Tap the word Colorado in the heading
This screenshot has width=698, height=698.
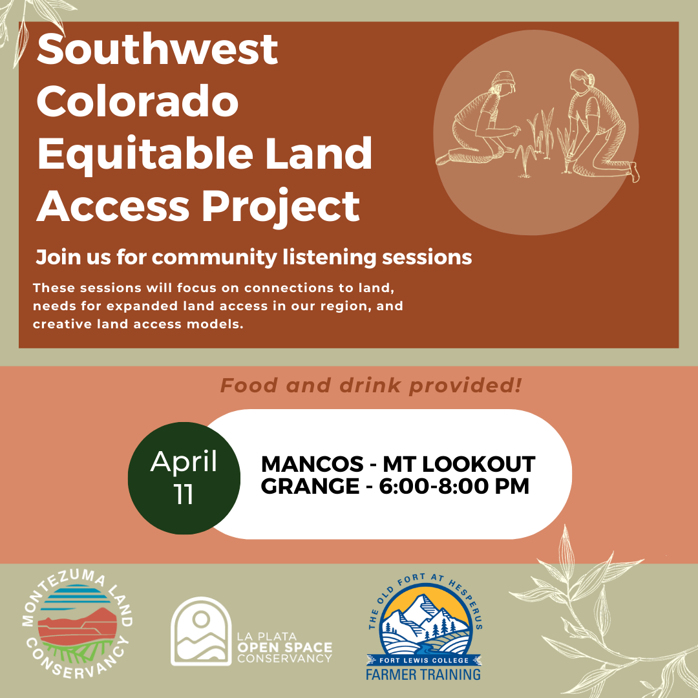[138, 101]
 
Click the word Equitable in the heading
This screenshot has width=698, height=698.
[145, 154]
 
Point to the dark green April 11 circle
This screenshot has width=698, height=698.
[184, 478]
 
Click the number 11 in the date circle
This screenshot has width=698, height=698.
[184, 494]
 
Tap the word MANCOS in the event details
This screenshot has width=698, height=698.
[312, 464]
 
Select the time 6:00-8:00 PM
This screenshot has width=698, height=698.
[454, 485]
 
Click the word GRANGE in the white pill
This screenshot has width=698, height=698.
[310, 485]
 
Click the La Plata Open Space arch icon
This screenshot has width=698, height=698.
[201, 631]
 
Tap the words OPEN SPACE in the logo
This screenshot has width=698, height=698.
[285, 648]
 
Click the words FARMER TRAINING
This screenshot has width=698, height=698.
[423, 674]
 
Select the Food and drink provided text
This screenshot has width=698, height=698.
[371, 385]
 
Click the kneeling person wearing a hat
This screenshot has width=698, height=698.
[477, 118]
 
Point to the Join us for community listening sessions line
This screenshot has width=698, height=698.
[254, 257]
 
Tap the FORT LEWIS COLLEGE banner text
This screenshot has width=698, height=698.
[424, 660]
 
